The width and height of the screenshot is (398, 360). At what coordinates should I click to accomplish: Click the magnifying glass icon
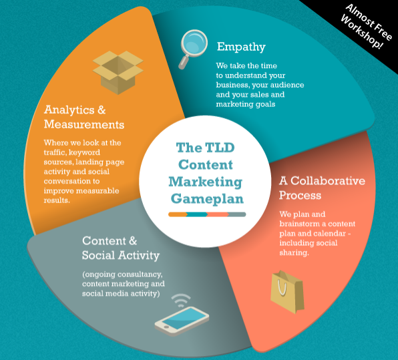[x=194, y=48]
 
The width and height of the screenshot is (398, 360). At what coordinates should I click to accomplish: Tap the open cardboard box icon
[x=118, y=72]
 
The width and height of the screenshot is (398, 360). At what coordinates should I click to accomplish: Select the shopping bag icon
[x=287, y=292]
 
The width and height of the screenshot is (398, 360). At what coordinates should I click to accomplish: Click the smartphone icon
[x=182, y=321]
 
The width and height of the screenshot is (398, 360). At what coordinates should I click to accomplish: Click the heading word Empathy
[x=241, y=47]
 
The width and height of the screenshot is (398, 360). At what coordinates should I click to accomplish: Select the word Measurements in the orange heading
[x=84, y=125]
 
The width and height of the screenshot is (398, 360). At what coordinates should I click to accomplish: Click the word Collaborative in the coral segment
[x=328, y=181]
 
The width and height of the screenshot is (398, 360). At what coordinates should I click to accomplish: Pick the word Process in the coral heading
[x=301, y=196]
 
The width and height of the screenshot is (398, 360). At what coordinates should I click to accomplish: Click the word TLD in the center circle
[x=220, y=148]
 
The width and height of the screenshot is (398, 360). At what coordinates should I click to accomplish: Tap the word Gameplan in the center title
[x=207, y=199]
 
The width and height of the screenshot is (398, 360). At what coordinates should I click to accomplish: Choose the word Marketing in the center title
[x=206, y=182]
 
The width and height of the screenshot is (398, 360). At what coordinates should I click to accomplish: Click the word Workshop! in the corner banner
[x=362, y=31]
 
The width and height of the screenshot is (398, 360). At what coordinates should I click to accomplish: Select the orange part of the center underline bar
[x=178, y=214]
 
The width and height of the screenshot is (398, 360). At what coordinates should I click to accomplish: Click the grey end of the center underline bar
[x=237, y=214]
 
